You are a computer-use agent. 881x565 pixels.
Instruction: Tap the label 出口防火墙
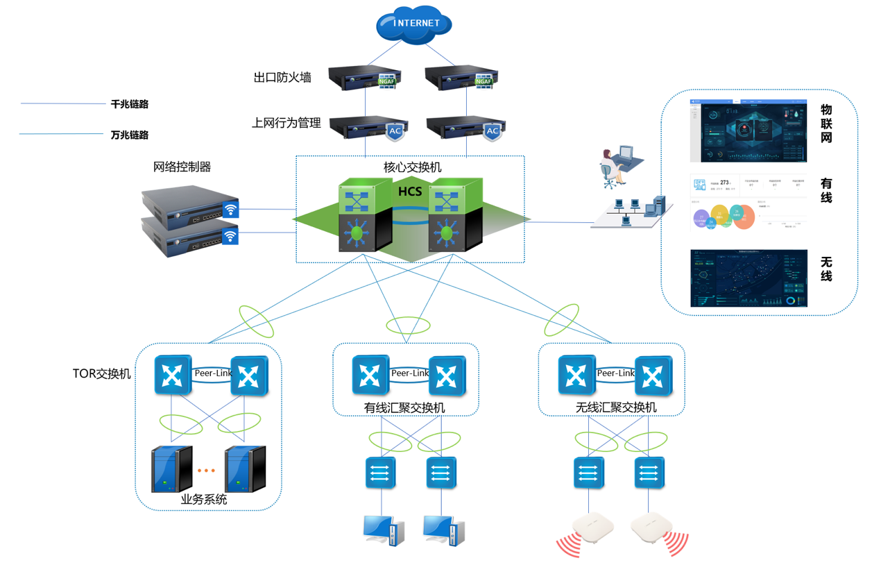[282, 78]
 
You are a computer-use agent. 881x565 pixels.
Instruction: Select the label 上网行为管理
[286, 124]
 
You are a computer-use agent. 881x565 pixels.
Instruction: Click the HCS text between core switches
[410, 191]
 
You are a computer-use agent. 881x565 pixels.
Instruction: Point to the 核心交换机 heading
[412, 167]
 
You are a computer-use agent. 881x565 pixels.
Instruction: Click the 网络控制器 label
[182, 167]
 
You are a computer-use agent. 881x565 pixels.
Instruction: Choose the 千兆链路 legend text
[130, 105]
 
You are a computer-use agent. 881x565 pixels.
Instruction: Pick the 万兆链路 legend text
[130, 135]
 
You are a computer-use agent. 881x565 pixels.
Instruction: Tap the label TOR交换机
[101, 373]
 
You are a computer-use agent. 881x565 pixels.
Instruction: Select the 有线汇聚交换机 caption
[404, 407]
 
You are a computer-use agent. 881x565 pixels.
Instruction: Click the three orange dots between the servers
[206, 471]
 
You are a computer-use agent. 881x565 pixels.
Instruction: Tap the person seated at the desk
[611, 169]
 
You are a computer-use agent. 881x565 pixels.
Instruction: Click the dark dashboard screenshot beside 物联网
[749, 131]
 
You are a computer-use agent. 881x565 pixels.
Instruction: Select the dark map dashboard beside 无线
[749, 278]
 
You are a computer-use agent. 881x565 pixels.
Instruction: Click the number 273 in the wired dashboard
[724, 183]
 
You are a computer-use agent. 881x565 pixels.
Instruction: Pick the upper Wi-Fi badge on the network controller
[230, 209]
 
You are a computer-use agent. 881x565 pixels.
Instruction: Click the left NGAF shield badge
[386, 81]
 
